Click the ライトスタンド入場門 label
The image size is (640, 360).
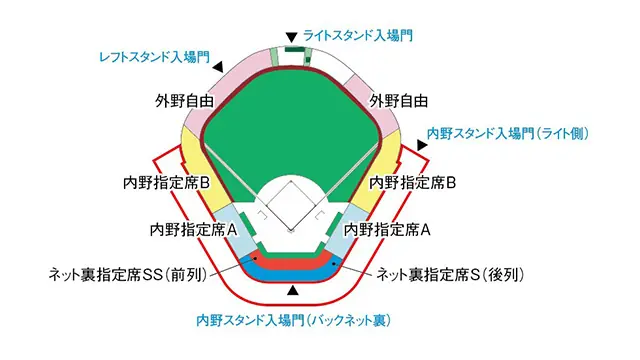tap(358, 34)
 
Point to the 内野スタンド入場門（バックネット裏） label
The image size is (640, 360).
tap(292, 321)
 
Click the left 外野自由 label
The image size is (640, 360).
tap(185, 101)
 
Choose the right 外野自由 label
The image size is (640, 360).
tap(399, 101)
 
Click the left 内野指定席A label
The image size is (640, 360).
tap(192, 229)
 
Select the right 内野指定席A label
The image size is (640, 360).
tap(387, 229)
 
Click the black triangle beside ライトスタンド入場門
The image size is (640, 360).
tap(291, 34)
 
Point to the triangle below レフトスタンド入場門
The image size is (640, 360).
tap(219, 68)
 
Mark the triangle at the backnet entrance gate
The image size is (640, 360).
tap(292, 290)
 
